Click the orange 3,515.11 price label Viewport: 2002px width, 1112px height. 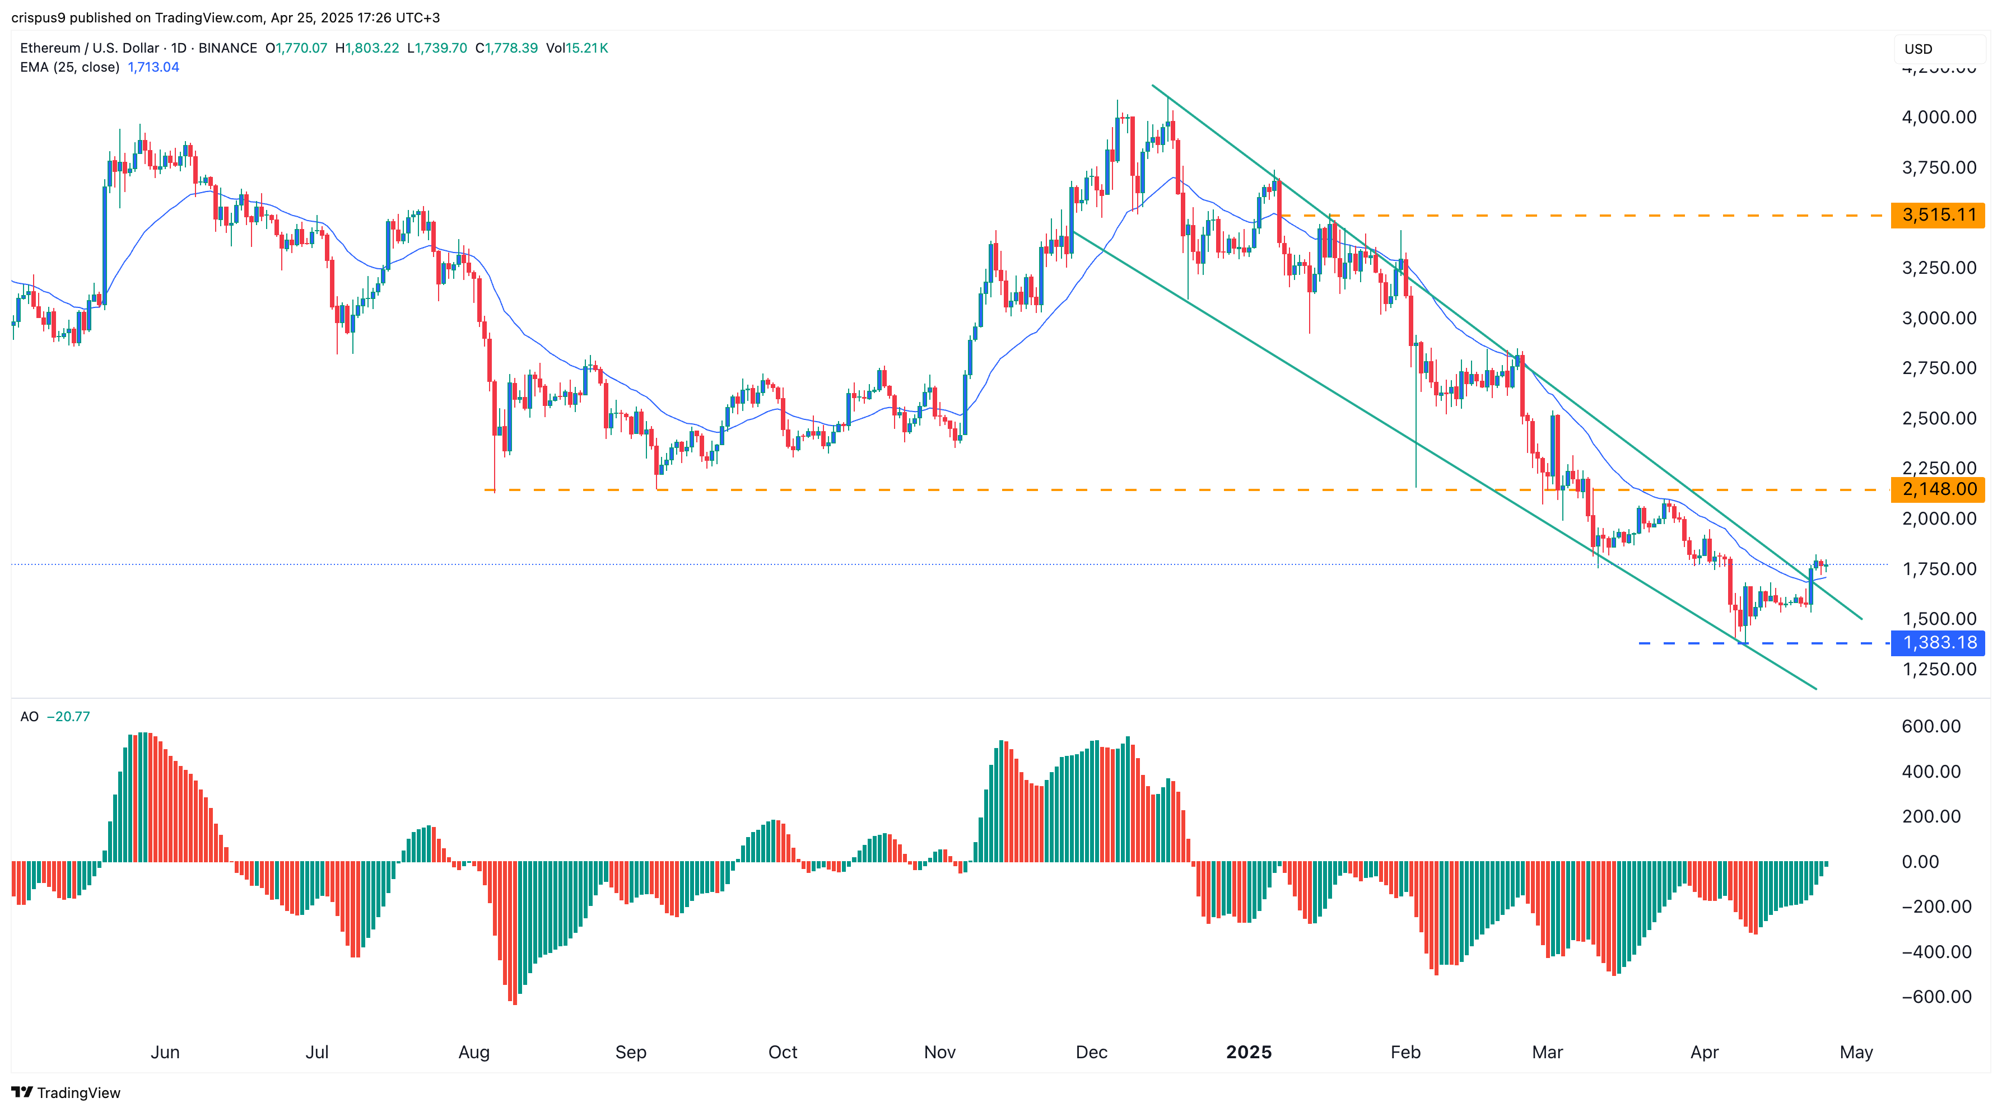tap(1938, 215)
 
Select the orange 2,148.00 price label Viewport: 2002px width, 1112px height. tap(1938, 489)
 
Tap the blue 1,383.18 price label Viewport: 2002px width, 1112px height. tap(1938, 643)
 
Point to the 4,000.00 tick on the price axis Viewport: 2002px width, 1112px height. tap(1938, 118)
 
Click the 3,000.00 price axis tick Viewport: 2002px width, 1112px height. tap(1938, 318)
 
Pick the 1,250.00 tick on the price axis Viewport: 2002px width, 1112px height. tap(1938, 669)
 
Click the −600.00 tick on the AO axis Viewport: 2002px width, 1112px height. tap(1935, 997)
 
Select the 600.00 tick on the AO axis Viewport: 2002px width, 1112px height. tap(1930, 727)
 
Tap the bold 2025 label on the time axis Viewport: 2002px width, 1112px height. tap(1248, 1052)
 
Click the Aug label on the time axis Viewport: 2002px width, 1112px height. tap(474, 1052)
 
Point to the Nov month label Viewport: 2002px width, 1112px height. tap(939, 1052)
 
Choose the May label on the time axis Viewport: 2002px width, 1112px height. tap(1856, 1052)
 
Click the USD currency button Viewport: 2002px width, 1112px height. tap(1918, 49)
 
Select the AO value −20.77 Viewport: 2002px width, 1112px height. tap(68, 717)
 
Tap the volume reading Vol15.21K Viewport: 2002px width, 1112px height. tap(576, 48)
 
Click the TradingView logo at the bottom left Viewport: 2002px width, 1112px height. tap(66, 1092)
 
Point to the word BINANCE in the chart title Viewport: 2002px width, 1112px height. tap(228, 48)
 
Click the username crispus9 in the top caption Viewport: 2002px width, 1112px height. tap(38, 17)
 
